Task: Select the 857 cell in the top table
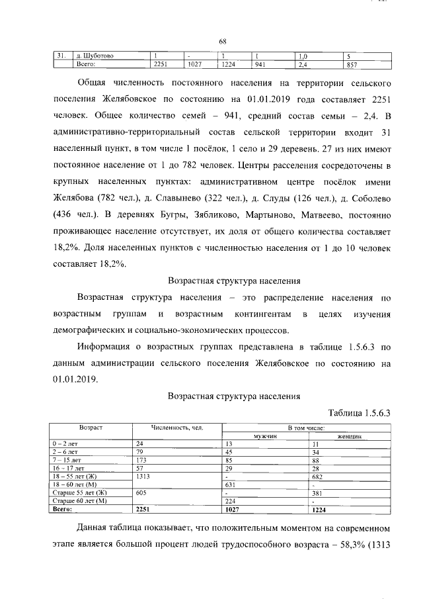352,64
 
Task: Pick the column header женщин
349,436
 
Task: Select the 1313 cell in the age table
144,476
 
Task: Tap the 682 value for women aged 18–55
318,476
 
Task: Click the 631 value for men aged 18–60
232,484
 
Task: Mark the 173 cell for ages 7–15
141,459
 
